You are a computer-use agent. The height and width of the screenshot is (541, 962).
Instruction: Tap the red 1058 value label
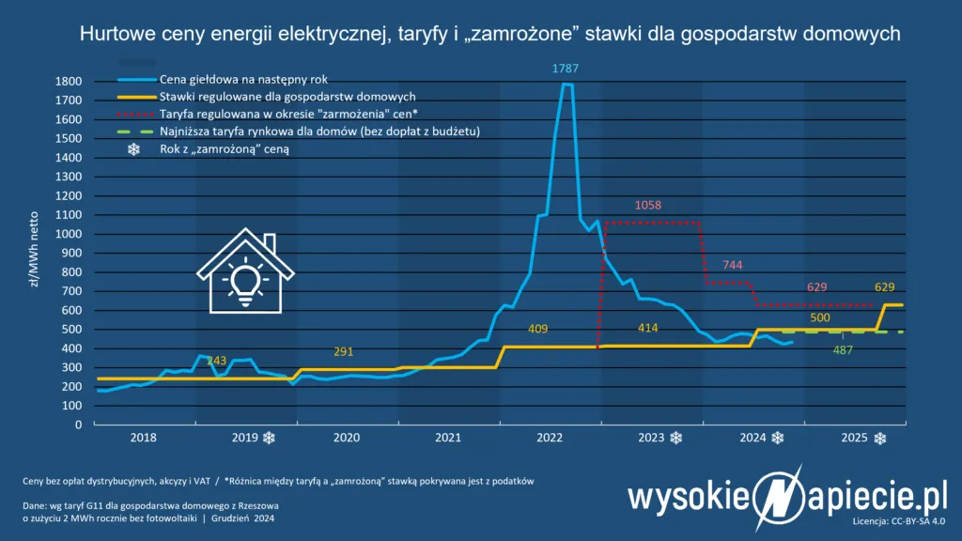649,205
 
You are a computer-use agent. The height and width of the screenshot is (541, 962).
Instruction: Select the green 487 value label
843,350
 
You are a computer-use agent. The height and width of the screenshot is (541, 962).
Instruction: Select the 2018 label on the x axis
144,438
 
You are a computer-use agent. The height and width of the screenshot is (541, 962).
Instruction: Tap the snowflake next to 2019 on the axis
270,438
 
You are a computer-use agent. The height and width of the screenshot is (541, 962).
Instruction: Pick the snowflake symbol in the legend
133,148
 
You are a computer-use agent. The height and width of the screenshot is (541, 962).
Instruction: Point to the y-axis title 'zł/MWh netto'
35,255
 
